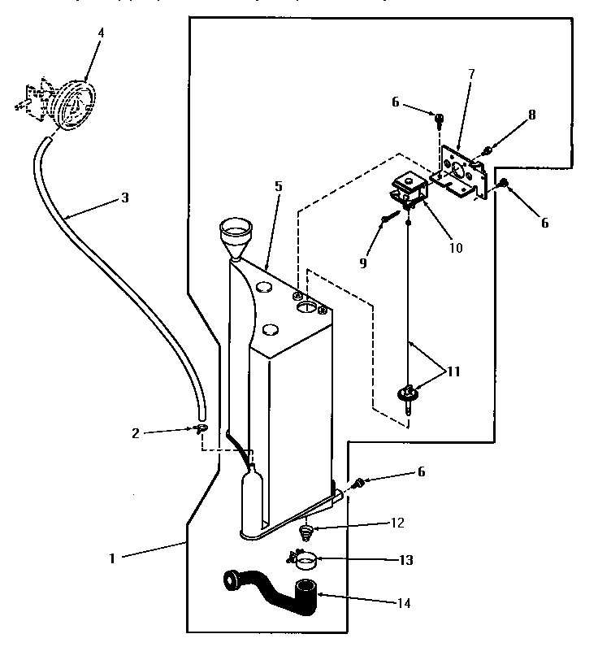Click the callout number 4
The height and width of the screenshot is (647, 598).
click(100, 33)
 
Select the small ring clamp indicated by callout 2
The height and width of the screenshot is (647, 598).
click(201, 428)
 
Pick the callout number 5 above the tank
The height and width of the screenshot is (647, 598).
click(278, 187)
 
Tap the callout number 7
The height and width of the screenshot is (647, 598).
click(471, 74)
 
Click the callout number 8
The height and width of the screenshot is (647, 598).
click(531, 115)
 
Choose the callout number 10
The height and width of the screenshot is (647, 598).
click(456, 248)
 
